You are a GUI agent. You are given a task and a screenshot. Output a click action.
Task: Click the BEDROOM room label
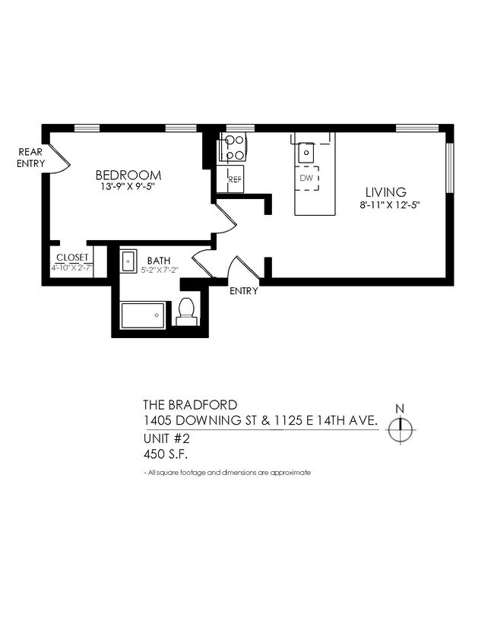tap(128, 175)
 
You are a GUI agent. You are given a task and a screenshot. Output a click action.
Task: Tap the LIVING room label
tap(385, 192)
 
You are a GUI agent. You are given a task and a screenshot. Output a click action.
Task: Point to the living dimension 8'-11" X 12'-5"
tap(390, 204)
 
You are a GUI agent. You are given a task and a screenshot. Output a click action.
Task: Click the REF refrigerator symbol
tap(234, 179)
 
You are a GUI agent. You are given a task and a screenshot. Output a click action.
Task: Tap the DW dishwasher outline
tap(307, 178)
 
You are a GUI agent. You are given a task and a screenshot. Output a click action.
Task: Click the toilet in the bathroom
tap(186, 311)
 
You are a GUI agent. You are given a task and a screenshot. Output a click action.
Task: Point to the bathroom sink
tap(128, 260)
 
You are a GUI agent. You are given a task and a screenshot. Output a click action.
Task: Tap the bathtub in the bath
tap(144, 314)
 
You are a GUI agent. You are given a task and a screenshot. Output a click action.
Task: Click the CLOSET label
tap(71, 258)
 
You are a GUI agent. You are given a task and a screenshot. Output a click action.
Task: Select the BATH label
tap(159, 260)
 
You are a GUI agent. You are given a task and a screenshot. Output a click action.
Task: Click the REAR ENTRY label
tap(30, 157)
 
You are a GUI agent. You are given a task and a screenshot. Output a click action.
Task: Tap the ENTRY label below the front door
tap(243, 291)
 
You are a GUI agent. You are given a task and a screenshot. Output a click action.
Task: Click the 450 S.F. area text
tap(166, 454)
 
